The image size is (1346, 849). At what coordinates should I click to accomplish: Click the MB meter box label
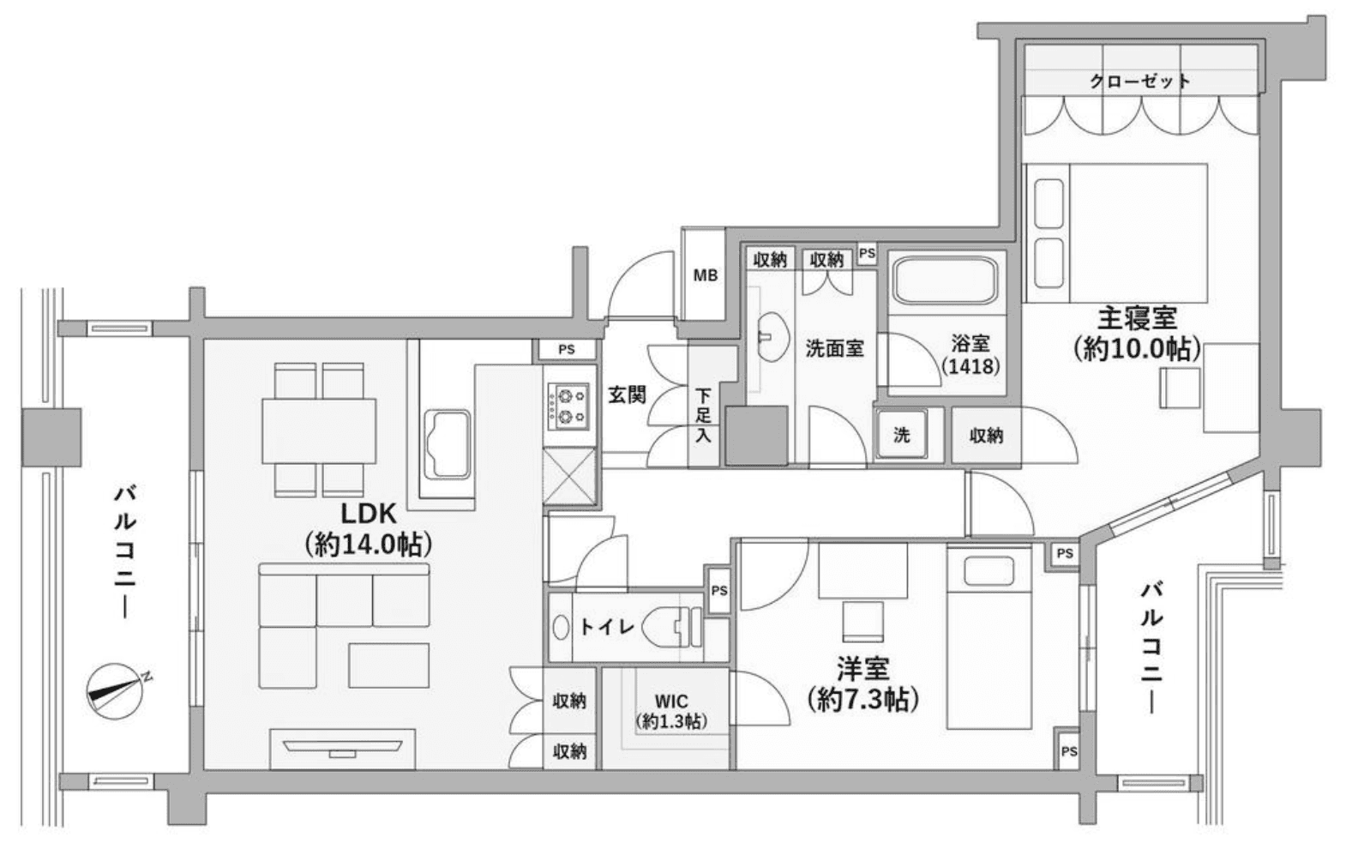[x=706, y=275]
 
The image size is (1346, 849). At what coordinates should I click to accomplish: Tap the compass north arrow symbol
[x=116, y=691]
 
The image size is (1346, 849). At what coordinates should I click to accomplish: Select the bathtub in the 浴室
[x=945, y=280]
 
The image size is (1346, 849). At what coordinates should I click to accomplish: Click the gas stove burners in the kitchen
[x=568, y=406]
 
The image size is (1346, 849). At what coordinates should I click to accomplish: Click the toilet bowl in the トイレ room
[x=671, y=627]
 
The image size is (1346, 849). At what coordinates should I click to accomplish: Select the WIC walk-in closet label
[x=671, y=701]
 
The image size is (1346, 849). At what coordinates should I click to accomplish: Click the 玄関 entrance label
[x=627, y=395]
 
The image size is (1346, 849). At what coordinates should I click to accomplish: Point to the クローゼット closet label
[x=1140, y=81]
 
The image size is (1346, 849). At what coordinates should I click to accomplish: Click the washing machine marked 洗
[x=901, y=435]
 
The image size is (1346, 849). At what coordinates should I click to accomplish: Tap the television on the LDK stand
[x=343, y=748]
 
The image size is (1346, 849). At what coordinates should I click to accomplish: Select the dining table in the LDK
[x=319, y=431]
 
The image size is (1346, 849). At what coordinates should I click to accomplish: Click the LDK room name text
[x=369, y=514]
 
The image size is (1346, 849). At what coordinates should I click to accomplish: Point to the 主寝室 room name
[x=1138, y=317]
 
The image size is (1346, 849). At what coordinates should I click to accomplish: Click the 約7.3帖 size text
[x=862, y=699]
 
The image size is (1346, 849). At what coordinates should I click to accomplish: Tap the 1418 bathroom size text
[x=970, y=365]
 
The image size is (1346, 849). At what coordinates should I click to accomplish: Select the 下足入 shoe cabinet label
[x=703, y=415]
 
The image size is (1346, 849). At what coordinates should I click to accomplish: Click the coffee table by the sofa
[x=388, y=665]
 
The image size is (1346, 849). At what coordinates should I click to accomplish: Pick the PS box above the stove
[x=567, y=349]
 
